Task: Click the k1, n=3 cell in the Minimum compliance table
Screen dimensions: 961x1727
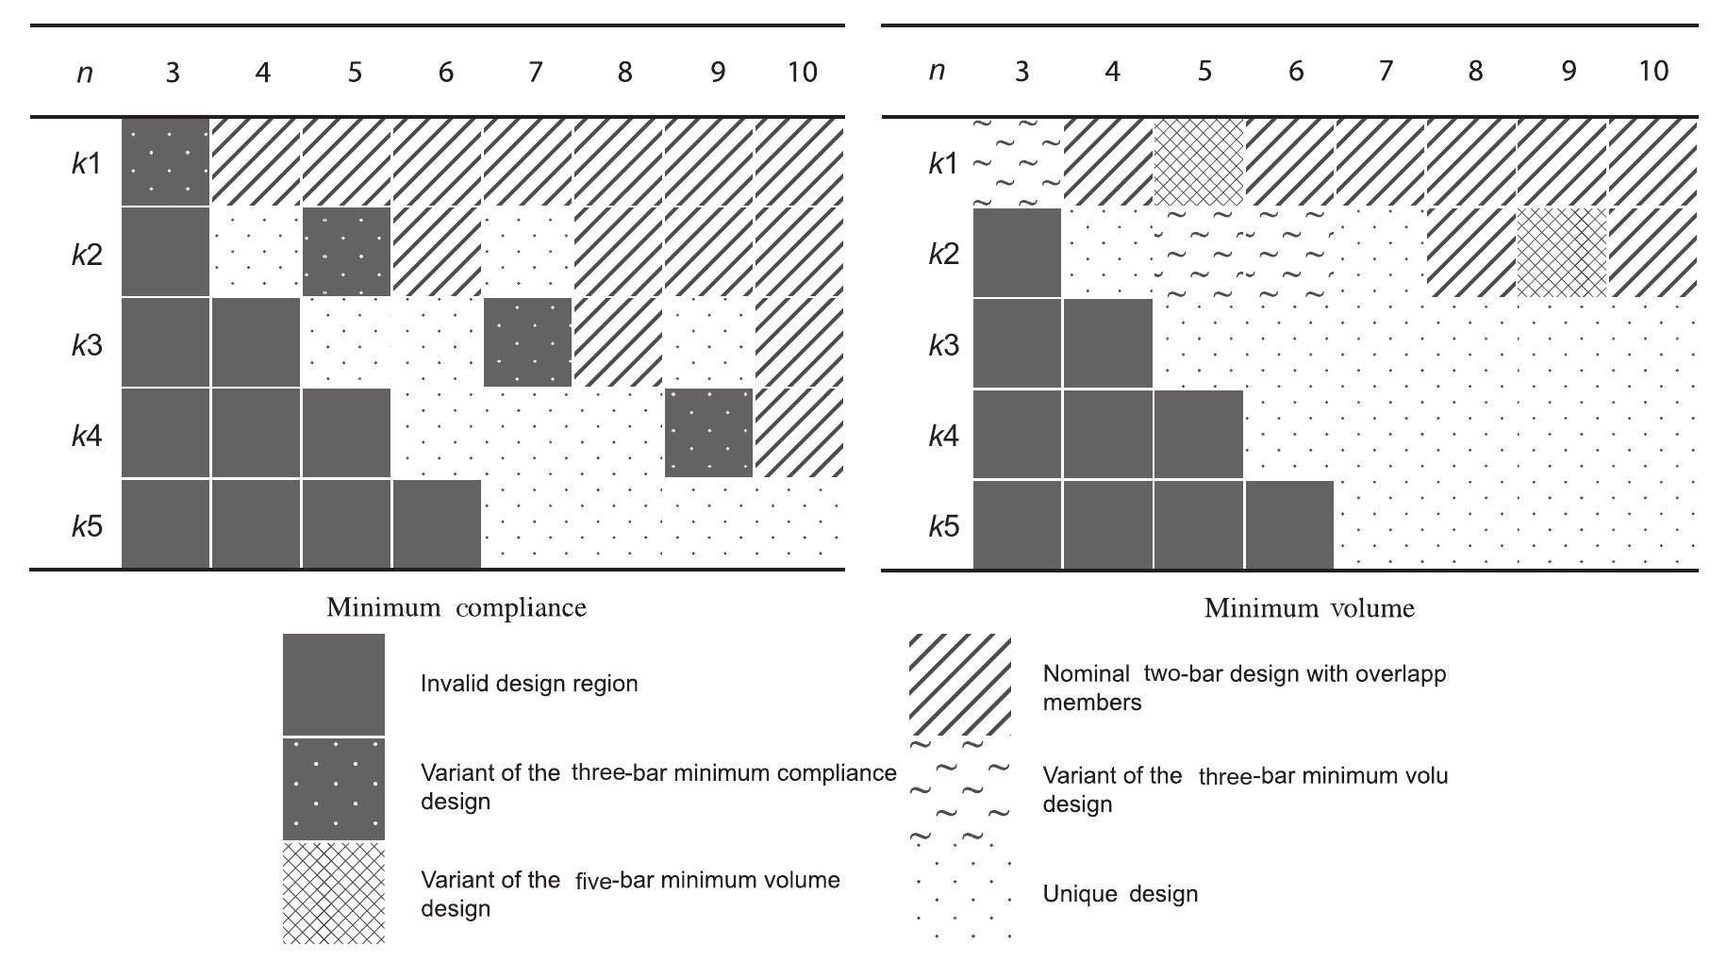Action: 165,162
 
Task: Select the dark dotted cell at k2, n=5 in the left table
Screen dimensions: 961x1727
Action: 346,252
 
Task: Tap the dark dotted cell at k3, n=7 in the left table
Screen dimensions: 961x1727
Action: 527,342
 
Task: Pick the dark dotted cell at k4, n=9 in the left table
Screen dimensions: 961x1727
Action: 708,433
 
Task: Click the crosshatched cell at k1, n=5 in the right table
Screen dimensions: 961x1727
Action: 1199,162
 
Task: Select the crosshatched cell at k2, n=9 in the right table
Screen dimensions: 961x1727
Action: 1562,253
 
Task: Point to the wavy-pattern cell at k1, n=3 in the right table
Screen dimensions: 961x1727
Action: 1017,162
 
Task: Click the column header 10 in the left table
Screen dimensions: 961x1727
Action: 802,73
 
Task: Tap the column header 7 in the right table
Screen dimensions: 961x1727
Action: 1385,72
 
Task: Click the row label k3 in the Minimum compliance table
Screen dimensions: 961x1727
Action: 87,345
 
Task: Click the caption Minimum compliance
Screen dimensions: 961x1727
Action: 456,608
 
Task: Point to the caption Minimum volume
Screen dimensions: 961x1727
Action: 1309,609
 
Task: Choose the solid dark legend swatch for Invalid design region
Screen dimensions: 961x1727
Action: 334,684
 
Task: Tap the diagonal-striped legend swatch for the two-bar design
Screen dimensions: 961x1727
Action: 959,684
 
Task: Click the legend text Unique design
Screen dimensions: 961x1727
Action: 1120,894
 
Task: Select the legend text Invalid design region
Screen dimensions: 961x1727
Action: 528,684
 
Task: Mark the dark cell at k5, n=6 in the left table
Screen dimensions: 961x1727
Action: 437,523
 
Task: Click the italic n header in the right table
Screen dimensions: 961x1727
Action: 937,72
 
